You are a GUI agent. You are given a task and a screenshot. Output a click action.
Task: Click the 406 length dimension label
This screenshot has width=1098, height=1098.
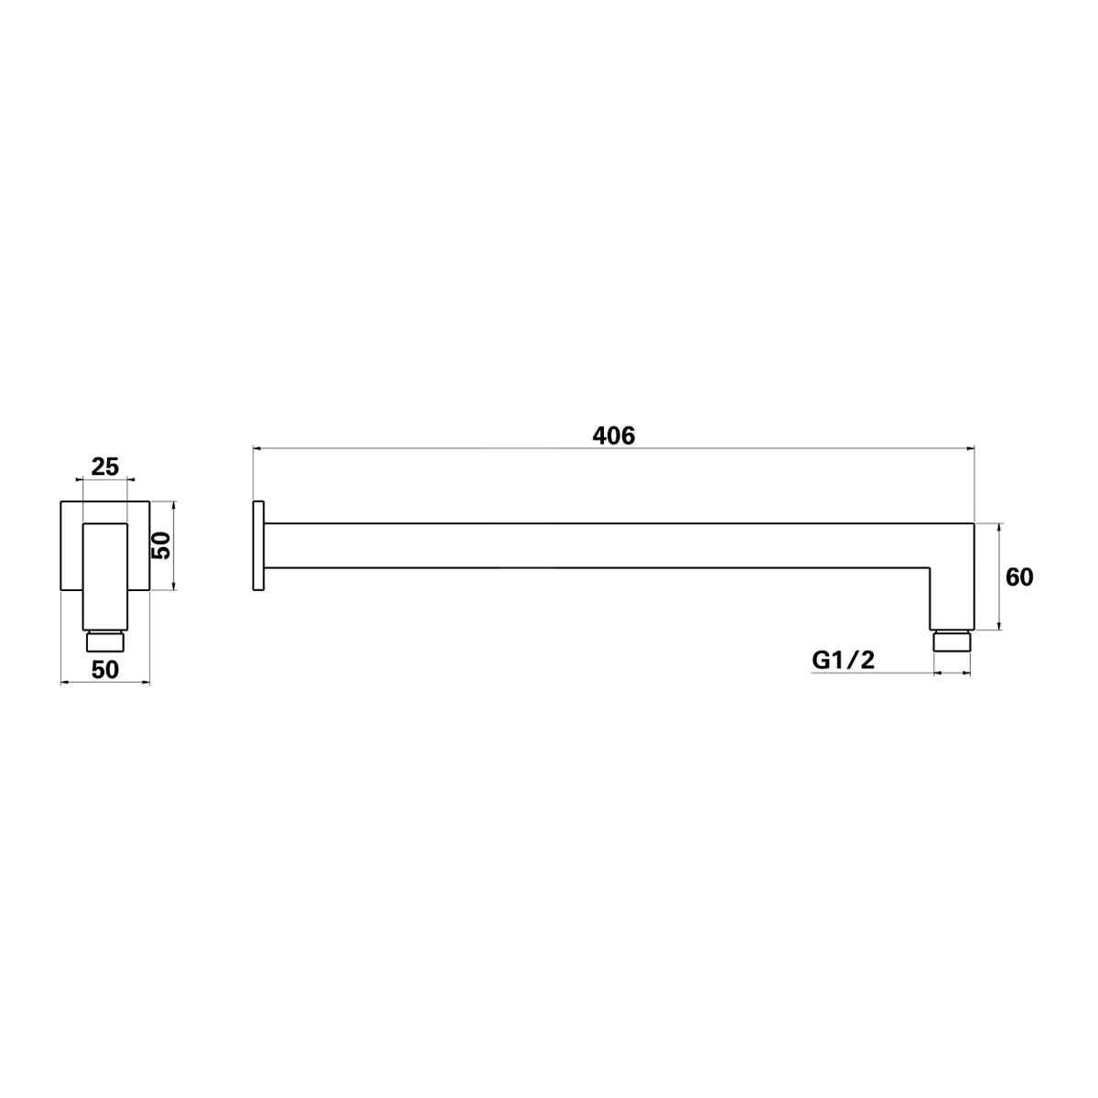613,436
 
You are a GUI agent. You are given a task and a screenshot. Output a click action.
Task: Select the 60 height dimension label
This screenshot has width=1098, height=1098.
1019,577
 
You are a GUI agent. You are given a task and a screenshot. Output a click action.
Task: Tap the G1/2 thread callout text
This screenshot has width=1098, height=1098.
843,659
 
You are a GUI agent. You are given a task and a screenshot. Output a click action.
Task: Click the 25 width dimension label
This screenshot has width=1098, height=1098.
105,466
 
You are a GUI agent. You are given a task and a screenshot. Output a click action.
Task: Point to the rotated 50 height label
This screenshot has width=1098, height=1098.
162,546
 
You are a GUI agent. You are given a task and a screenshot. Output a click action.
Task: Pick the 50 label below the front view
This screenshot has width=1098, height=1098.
105,669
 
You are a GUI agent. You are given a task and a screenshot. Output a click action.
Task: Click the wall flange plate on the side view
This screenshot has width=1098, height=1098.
258,545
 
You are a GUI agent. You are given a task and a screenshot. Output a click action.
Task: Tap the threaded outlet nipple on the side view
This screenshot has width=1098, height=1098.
952,640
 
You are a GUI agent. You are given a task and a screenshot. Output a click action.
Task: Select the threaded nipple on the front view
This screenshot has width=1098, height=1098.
105,641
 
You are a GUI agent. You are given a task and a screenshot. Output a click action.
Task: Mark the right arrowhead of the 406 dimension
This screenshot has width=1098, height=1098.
969,448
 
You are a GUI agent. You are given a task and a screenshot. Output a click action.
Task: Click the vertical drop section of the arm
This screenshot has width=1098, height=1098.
952,595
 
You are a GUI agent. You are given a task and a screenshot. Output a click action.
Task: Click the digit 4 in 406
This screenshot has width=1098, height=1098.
599,436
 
